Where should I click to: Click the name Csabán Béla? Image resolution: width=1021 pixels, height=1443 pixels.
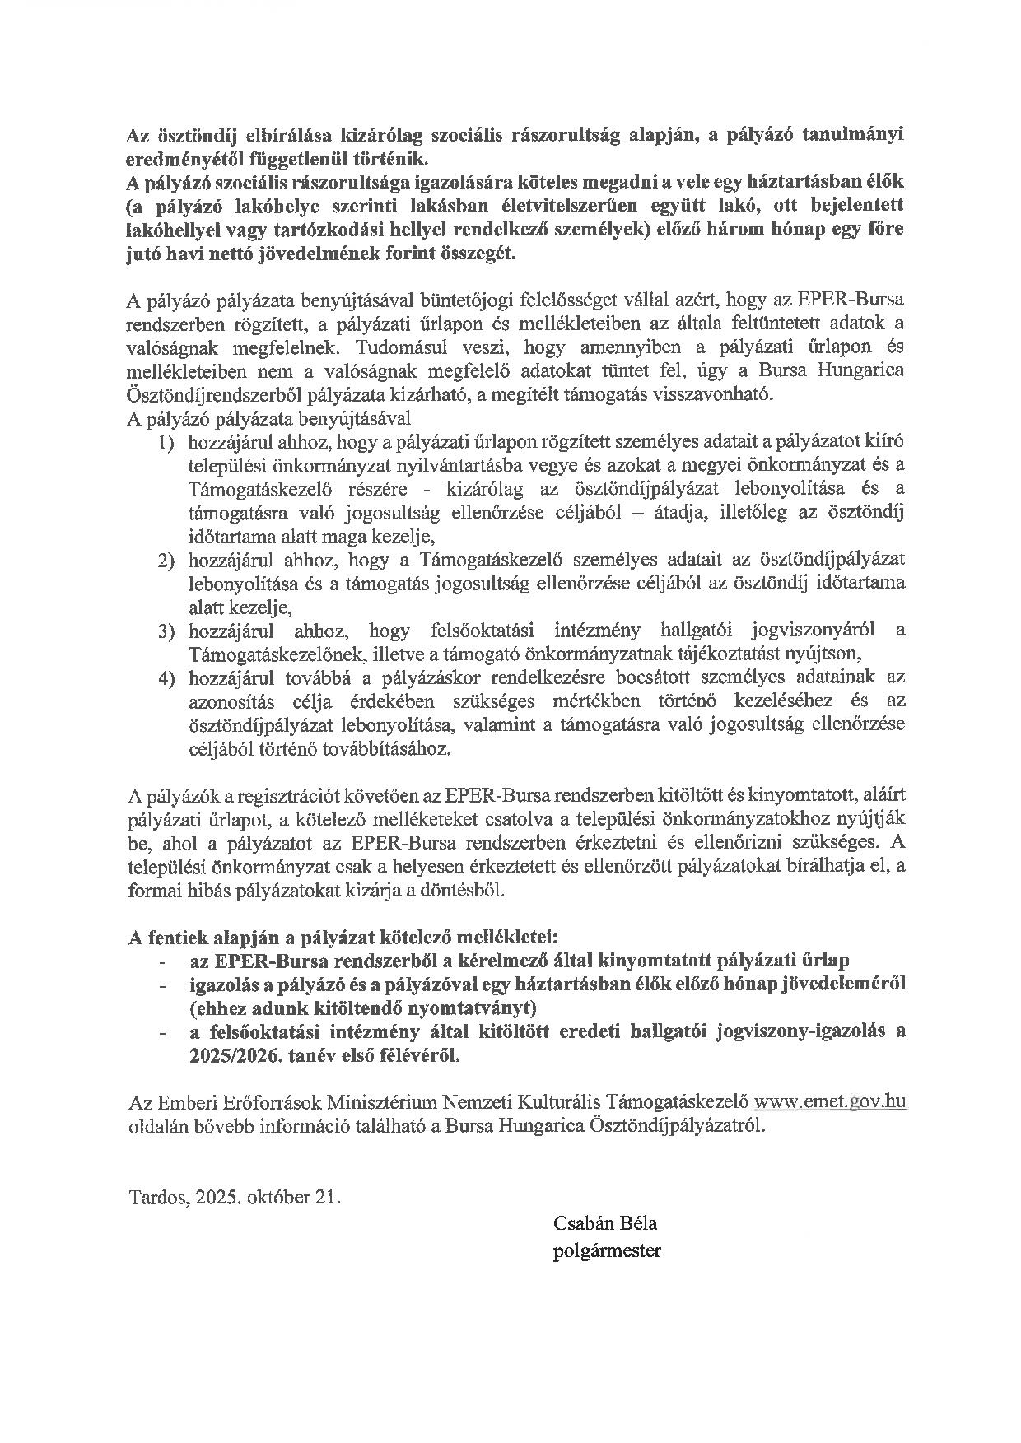(605, 1223)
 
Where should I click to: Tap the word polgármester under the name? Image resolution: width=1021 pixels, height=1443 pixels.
(608, 1251)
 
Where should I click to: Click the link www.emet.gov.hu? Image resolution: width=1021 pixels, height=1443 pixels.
(831, 1101)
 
